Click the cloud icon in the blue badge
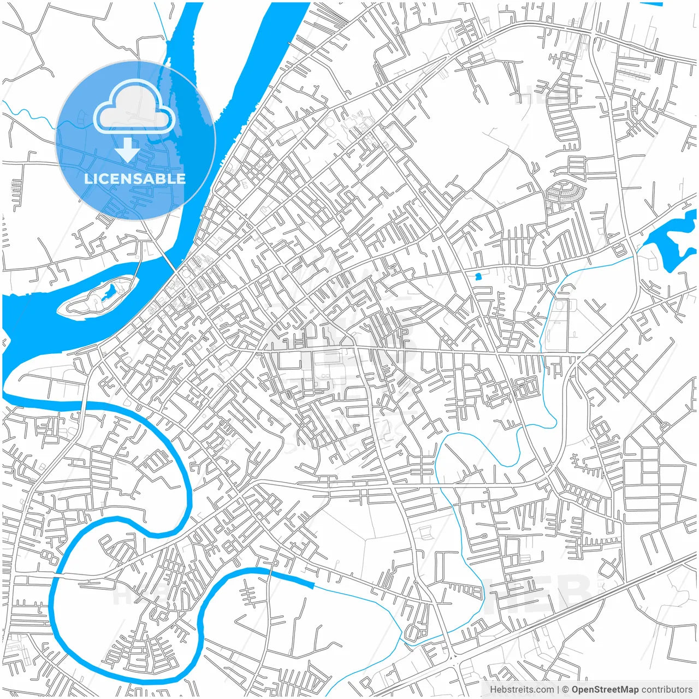[x=134, y=108]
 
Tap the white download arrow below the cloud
[x=128, y=150]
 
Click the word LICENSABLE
[x=134, y=179]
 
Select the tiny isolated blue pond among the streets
[x=478, y=276]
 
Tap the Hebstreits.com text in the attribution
[x=522, y=690]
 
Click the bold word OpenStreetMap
[x=605, y=690]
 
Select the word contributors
[x=667, y=690]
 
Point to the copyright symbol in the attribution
[x=566, y=690]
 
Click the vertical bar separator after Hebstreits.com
[x=558, y=690]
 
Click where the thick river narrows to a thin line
[x=313, y=586]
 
